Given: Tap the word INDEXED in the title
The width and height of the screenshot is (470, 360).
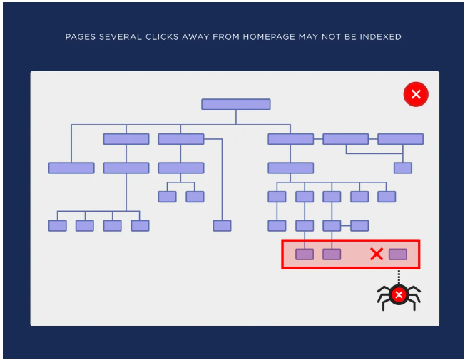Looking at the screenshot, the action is click(380, 37).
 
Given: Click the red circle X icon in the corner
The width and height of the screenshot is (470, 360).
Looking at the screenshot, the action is click(416, 94).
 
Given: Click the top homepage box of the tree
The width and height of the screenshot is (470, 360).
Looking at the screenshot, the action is click(236, 104).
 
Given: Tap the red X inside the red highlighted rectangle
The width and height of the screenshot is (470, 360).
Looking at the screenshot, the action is click(377, 254).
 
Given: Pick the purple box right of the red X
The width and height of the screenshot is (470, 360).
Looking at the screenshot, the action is click(398, 254).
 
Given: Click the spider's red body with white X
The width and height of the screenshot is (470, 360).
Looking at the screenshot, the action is click(399, 295).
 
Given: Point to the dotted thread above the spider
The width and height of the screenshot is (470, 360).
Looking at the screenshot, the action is click(399, 277).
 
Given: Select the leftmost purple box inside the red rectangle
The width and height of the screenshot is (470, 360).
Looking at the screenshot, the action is click(305, 254).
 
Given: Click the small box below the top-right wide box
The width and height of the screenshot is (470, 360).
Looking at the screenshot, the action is click(402, 168).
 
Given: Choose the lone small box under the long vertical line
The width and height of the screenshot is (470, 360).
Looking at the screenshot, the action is click(222, 226).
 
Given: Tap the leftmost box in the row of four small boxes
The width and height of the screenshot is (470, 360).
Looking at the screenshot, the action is click(58, 226).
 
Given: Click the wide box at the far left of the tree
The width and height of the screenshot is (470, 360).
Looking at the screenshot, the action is click(71, 168).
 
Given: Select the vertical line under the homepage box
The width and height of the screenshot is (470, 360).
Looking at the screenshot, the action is click(236, 117).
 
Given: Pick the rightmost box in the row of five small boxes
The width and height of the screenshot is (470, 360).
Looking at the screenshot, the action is click(387, 197).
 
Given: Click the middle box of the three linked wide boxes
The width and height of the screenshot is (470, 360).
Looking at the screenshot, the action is click(346, 139).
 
